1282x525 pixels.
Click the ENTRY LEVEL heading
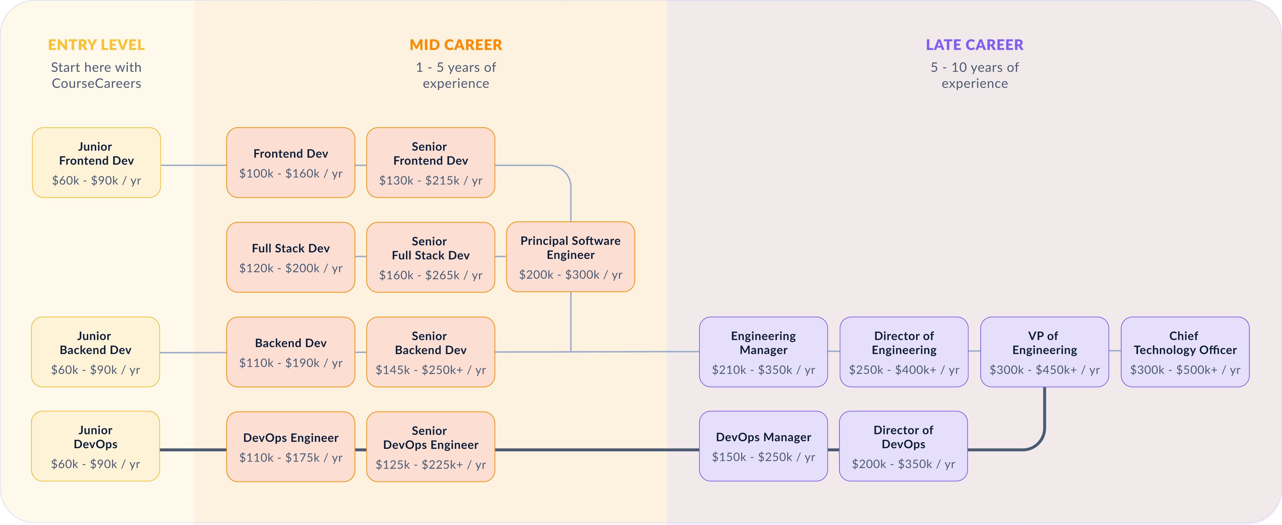96,45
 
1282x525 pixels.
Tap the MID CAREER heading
456,45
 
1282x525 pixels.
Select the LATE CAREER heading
975,45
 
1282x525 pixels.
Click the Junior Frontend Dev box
96,163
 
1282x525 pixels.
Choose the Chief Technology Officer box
1185,352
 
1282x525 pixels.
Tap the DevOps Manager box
764,447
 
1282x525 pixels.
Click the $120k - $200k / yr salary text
291,268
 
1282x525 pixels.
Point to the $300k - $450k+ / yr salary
1045,370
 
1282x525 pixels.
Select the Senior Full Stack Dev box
430,257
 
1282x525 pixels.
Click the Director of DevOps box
903,447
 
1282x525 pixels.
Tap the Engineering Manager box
764,352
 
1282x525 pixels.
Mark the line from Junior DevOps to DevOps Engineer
193,450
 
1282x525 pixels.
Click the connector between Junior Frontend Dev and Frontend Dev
194,165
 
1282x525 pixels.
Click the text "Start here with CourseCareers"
96,75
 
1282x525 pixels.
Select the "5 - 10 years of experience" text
975,75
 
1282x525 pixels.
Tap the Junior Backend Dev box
95,352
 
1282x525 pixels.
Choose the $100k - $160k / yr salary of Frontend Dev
291,173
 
